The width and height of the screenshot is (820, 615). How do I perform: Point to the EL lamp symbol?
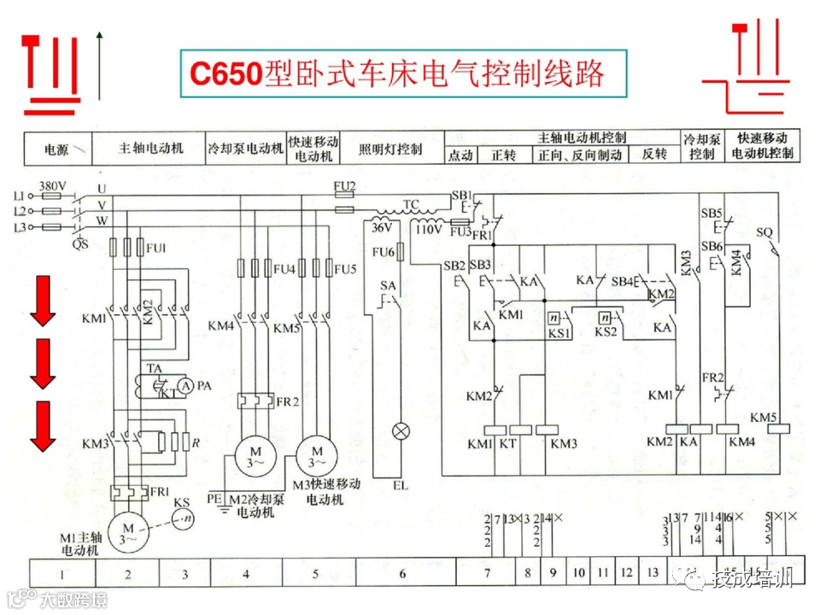(x=400, y=431)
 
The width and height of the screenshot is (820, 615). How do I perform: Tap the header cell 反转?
(x=654, y=155)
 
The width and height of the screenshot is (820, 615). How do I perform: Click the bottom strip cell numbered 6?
(x=402, y=573)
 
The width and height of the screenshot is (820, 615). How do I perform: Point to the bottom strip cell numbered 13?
(x=653, y=573)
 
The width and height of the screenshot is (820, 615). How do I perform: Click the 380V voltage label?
(x=52, y=185)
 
